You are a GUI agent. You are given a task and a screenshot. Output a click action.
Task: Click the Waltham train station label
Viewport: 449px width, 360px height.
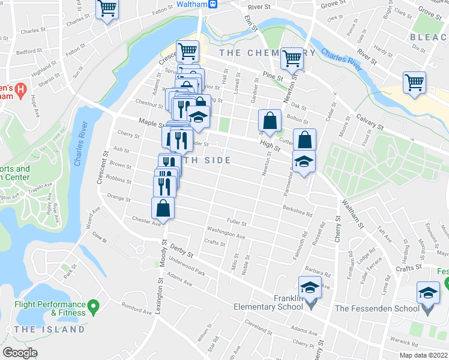tap(196, 4)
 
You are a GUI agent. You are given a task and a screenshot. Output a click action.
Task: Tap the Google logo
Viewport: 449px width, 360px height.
tap(20, 353)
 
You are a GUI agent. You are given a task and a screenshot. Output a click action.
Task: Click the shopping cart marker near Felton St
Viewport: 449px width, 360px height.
tap(107, 10)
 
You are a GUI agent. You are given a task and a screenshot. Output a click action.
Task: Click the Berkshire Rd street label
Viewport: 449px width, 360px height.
tap(298, 211)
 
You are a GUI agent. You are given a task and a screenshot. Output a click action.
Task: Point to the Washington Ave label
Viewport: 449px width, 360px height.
tap(226, 233)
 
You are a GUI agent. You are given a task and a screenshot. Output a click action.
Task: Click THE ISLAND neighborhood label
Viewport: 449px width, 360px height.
tap(49, 329)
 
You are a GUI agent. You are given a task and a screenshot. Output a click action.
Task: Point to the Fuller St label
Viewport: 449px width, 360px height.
tap(237, 223)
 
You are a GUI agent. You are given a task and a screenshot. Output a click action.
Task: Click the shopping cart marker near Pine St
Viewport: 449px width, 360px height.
tap(292, 58)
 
